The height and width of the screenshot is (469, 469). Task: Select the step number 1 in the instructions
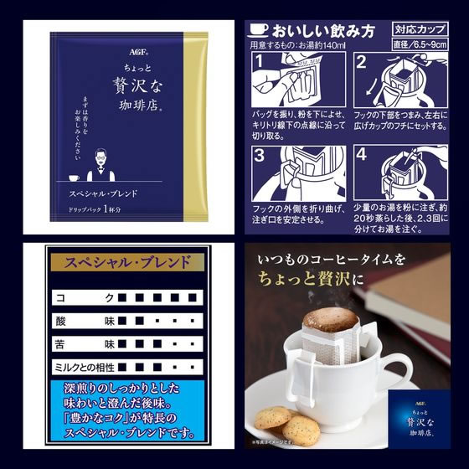click(x=260, y=64)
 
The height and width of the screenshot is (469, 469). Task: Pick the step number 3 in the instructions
click(x=260, y=157)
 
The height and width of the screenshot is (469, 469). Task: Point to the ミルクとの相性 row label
click(x=83, y=368)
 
